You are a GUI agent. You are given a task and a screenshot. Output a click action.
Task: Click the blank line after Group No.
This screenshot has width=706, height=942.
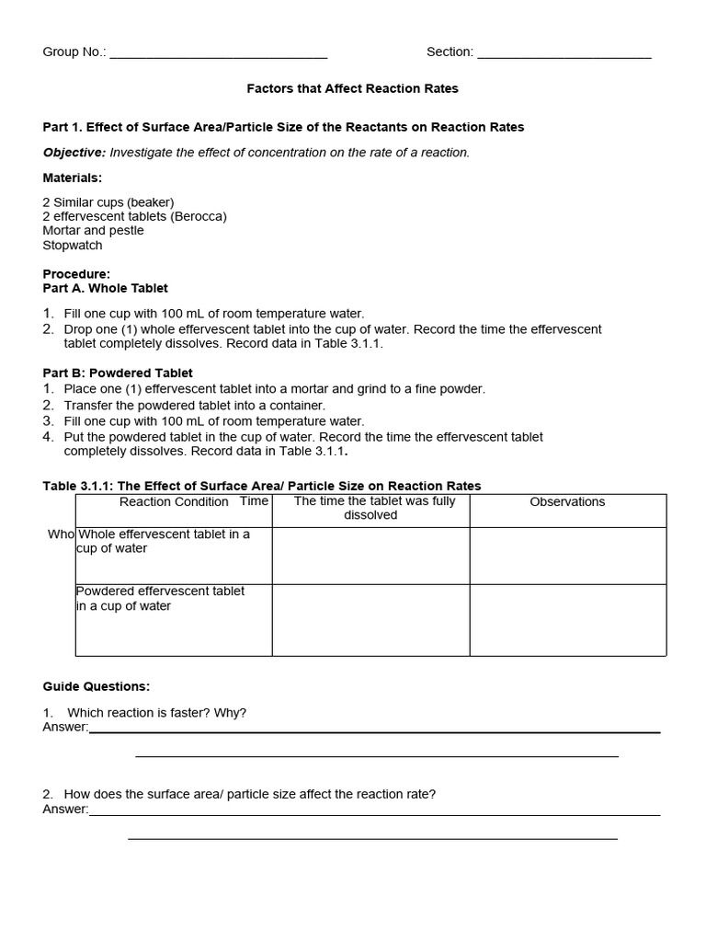[x=218, y=53]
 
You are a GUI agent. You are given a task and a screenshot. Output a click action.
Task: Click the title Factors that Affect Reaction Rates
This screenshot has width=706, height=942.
[x=352, y=89]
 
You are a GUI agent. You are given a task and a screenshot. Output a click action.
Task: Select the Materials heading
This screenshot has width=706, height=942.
[x=73, y=178]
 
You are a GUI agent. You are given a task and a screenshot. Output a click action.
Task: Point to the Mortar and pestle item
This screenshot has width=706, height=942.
[x=93, y=231]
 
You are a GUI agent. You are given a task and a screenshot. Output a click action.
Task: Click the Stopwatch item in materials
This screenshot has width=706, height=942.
[x=73, y=246]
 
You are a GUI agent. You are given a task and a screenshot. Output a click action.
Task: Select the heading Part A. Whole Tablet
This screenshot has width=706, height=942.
[x=106, y=288]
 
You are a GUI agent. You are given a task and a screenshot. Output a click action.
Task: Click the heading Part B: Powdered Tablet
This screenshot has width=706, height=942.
[x=118, y=373]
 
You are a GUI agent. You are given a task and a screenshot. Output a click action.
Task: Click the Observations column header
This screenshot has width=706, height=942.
[x=567, y=502]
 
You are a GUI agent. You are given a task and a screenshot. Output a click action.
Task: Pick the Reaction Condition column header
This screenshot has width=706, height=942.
[x=174, y=502]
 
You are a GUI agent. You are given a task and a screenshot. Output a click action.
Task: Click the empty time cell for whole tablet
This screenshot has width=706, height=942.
[x=370, y=556]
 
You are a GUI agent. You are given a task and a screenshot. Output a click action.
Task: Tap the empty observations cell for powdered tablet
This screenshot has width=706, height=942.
[x=567, y=620]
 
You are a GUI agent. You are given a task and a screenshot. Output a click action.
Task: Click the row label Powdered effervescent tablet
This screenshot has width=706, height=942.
[x=161, y=599]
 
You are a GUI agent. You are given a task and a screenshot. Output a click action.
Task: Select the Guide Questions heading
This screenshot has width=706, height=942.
[x=97, y=686]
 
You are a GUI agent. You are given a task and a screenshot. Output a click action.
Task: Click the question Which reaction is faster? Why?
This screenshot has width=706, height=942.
[x=156, y=713]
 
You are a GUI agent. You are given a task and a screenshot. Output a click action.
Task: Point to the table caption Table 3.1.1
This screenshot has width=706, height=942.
[x=262, y=486]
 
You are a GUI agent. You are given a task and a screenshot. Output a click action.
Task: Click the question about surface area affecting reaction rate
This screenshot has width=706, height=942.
[x=251, y=794]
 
